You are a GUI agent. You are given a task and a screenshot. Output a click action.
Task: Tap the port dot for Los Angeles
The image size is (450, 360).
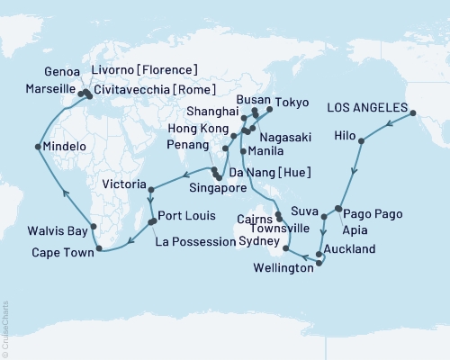click(x=415, y=112)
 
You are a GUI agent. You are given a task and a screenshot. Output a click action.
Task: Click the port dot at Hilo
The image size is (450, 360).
click(x=362, y=141)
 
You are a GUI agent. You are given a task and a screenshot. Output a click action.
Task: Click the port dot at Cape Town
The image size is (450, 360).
click(x=96, y=249)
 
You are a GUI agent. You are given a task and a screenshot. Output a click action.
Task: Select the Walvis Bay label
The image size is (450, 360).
click(x=57, y=229)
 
